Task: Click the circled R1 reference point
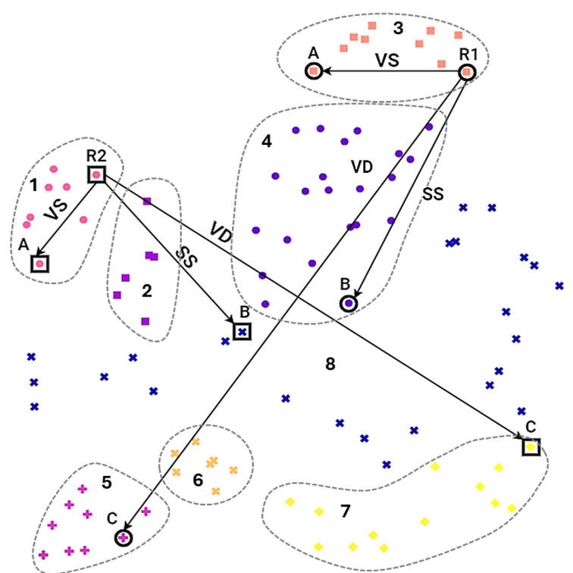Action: [468, 72]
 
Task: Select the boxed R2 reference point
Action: [97, 175]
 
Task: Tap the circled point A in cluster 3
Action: [313, 71]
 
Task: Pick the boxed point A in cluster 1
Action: [39, 264]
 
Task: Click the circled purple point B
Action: [348, 303]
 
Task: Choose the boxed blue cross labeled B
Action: [242, 331]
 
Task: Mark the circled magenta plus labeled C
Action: [123, 537]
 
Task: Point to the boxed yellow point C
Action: [531, 447]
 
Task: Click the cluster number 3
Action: [397, 29]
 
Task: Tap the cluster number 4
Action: [266, 141]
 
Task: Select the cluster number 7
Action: [345, 512]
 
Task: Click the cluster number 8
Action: [330, 365]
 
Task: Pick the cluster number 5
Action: [107, 482]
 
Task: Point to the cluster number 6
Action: [199, 480]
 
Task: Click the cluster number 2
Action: [147, 290]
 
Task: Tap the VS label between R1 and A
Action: [387, 61]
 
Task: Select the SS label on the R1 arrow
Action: [432, 194]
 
